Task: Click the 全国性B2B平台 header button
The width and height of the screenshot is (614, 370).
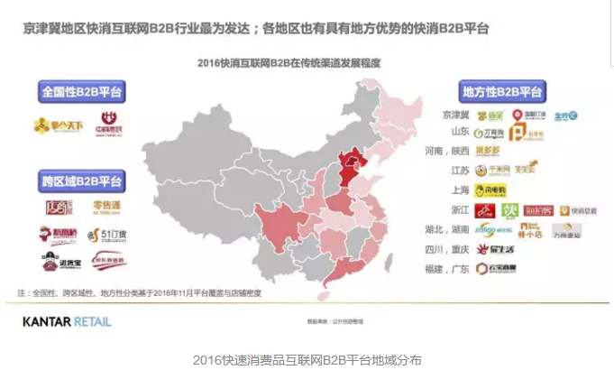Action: coord(81,92)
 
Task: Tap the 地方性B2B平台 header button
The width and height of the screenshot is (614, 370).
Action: coord(501,93)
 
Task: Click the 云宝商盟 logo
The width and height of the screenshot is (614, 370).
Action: coord(495,268)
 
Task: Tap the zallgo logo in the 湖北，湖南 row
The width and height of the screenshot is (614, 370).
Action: coord(488,230)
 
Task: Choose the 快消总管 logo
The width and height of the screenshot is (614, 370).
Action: coord(578,211)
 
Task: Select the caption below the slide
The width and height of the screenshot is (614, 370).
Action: coord(307,358)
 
